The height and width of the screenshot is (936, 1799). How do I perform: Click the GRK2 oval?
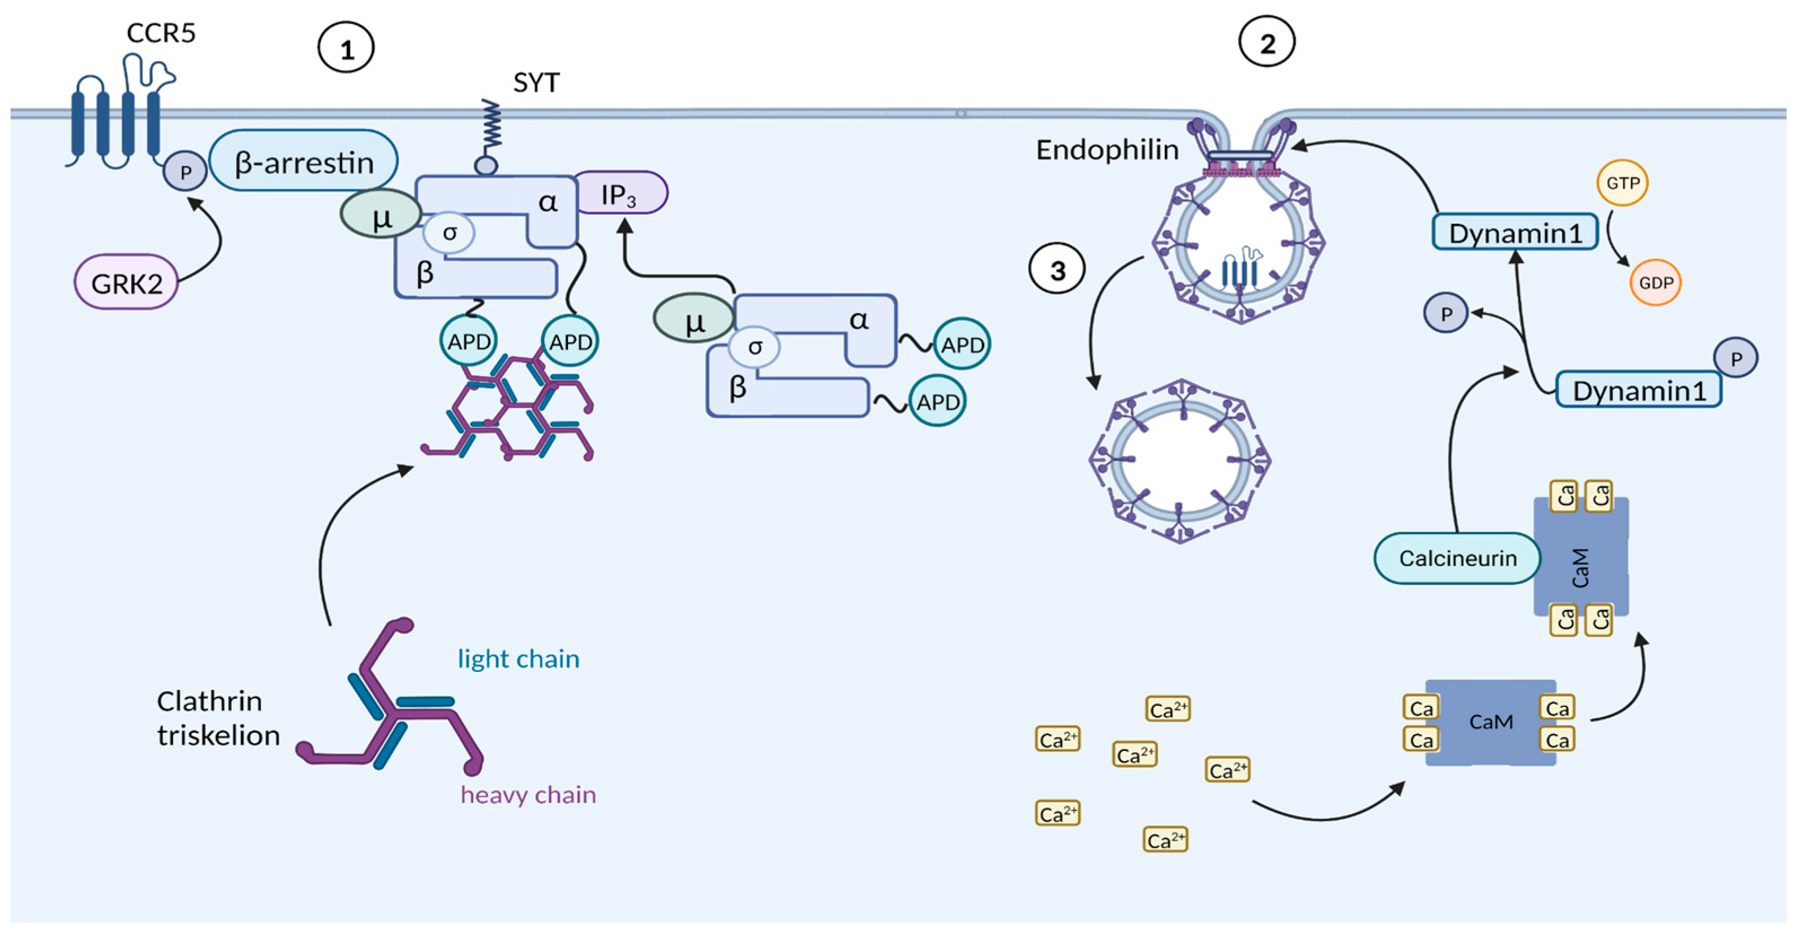[x=126, y=282]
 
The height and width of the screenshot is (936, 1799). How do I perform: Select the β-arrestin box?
[x=304, y=161]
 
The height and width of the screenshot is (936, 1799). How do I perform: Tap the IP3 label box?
[x=619, y=193]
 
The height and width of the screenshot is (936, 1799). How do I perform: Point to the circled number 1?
[x=346, y=48]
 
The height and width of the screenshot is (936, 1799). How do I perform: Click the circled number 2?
[x=1266, y=43]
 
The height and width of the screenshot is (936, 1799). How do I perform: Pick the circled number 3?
[x=1057, y=270]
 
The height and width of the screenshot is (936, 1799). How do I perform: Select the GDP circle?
[x=1655, y=282]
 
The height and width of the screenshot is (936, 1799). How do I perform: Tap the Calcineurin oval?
[x=1457, y=558]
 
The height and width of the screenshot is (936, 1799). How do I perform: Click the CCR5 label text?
[x=161, y=33]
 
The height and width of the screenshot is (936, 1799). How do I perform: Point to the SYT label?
[x=536, y=83]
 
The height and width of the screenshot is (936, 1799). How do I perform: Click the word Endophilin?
[x=1107, y=150]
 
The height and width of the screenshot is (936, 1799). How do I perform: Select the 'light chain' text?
[x=518, y=658]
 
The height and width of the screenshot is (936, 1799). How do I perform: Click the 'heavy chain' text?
[x=528, y=794]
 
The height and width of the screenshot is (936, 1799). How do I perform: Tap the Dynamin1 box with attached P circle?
[x=1638, y=390]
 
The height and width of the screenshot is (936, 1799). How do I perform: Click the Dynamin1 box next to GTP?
[x=1515, y=232]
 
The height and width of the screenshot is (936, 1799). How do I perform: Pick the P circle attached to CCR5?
[x=185, y=172]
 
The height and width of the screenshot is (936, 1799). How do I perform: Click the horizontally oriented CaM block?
[x=1491, y=722]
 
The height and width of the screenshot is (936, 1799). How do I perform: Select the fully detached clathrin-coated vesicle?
[x=1180, y=461]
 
